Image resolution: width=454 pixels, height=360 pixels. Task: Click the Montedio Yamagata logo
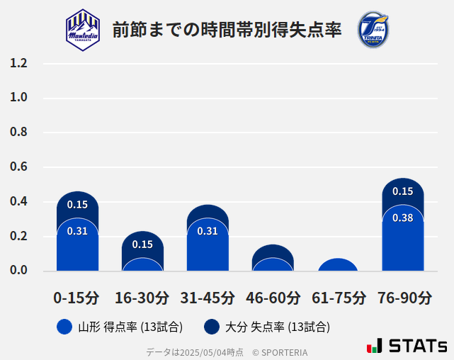(x=83, y=30)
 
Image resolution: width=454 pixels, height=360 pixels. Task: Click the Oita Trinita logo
(x=373, y=30)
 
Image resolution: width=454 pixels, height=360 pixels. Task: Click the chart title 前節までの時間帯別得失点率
(x=227, y=30)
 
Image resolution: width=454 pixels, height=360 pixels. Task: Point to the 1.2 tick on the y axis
(x=18, y=63)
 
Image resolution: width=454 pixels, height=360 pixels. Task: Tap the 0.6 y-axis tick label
(x=18, y=167)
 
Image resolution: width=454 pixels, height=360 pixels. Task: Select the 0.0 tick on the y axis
(x=18, y=271)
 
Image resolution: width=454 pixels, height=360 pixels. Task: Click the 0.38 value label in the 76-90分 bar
(x=402, y=218)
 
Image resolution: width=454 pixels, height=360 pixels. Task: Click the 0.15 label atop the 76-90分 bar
(x=402, y=191)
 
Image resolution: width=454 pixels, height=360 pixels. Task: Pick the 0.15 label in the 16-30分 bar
(x=142, y=244)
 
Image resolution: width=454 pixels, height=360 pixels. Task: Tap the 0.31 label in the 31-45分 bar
(x=208, y=231)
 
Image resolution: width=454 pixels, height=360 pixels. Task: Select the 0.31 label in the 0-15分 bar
(x=77, y=231)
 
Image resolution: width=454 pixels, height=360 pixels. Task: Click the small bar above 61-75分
(x=338, y=265)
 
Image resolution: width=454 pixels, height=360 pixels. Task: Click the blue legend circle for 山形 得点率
(x=64, y=327)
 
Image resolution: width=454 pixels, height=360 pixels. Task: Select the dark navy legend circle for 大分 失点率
(x=211, y=327)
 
